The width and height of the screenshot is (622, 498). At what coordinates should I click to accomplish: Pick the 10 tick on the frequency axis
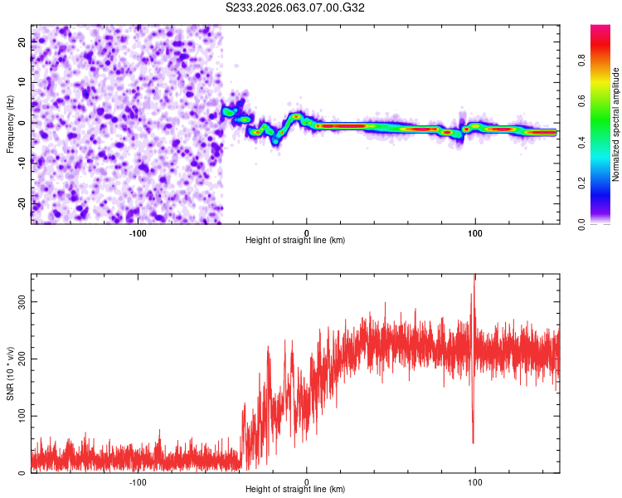tap(22, 82)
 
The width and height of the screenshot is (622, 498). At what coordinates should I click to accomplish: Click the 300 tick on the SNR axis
tap(22, 303)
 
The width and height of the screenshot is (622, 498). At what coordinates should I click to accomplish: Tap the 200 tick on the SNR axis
tap(22, 359)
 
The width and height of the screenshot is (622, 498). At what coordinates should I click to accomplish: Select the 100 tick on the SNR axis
tap(22, 415)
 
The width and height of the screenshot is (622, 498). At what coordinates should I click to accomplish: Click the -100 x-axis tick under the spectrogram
tap(138, 232)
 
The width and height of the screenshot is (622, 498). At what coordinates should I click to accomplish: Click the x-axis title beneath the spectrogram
tap(295, 241)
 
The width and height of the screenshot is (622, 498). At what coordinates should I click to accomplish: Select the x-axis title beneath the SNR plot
tap(295, 490)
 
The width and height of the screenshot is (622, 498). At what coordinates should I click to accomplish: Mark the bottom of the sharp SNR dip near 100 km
tap(474, 443)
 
